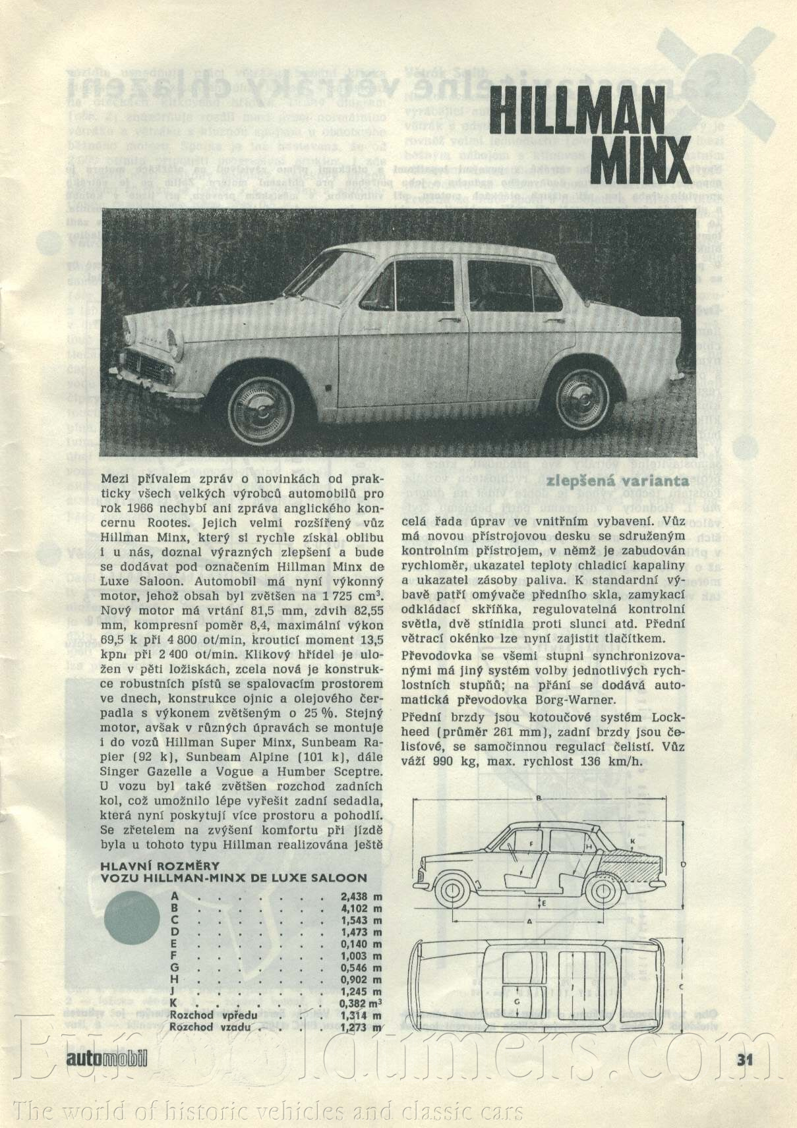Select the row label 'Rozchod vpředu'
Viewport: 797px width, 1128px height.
(213, 1015)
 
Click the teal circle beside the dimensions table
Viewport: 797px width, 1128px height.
(133, 920)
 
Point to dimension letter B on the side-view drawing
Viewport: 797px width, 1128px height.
(539, 799)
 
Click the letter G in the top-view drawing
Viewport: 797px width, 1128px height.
(517, 1019)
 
